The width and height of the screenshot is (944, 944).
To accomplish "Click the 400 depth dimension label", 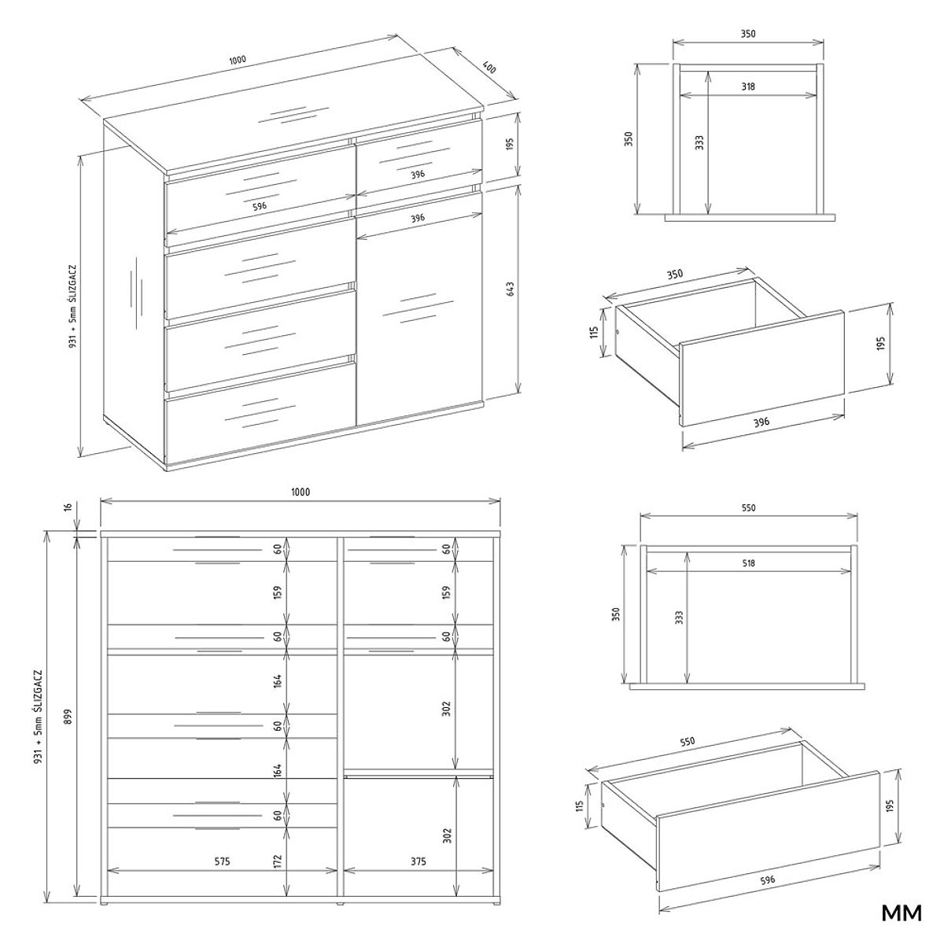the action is pyautogui.click(x=489, y=67).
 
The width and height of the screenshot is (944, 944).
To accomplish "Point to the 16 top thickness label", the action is pyautogui.click(x=68, y=507).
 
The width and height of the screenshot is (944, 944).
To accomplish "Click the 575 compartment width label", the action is pyautogui.click(x=222, y=861).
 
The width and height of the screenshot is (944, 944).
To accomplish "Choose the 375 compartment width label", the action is pyautogui.click(x=419, y=861).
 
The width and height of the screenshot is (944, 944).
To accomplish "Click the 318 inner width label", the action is pyautogui.click(x=747, y=87).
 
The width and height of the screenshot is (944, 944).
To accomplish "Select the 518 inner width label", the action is pyautogui.click(x=748, y=563).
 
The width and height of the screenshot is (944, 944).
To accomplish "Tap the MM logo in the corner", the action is pyautogui.click(x=902, y=913).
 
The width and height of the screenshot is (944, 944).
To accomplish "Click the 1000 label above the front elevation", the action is pyautogui.click(x=301, y=492).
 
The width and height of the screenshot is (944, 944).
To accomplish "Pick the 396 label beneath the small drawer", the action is pyautogui.click(x=761, y=422).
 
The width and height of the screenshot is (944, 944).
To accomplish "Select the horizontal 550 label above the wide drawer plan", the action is pyautogui.click(x=748, y=508).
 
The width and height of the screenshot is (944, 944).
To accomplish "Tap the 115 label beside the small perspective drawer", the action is pyautogui.click(x=595, y=333).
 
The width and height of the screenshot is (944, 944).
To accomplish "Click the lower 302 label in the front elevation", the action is pyautogui.click(x=446, y=835).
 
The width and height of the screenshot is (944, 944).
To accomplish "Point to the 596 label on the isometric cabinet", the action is pyautogui.click(x=260, y=206).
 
